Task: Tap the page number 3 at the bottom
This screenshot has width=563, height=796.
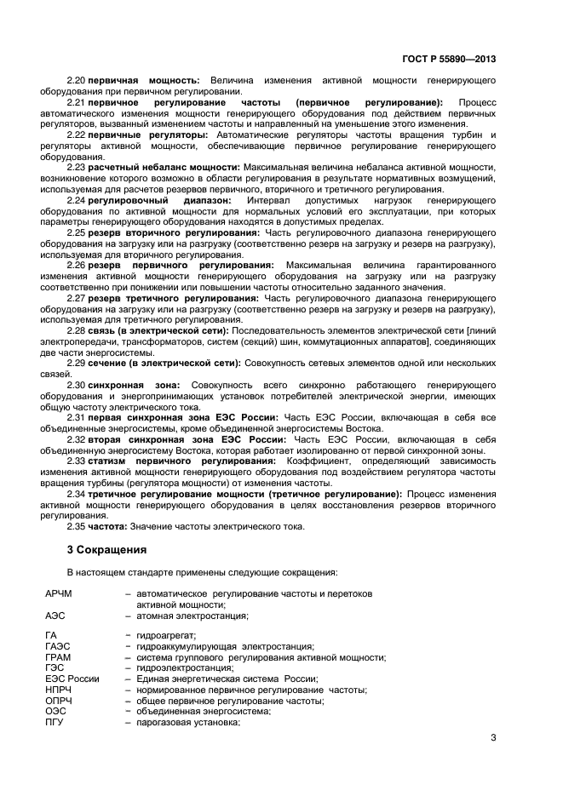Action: [x=493, y=737]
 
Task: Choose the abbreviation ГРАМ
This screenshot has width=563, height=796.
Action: [x=58, y=657]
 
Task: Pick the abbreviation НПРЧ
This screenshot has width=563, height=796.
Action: [x=58, y=690]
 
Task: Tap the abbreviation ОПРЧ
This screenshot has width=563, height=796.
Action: [x=58, y=701]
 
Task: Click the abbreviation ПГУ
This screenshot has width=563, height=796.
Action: [x=55, y=722]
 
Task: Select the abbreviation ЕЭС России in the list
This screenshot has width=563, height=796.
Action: [x=72, y=679]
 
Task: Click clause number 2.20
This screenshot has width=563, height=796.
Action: [x=76, y=79]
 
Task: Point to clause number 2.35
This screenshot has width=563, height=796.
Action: [x=76, y=526]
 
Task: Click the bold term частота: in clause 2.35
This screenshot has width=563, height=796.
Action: [x=110, y=526]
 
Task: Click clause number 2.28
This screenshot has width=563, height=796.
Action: [x=76, y=329]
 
